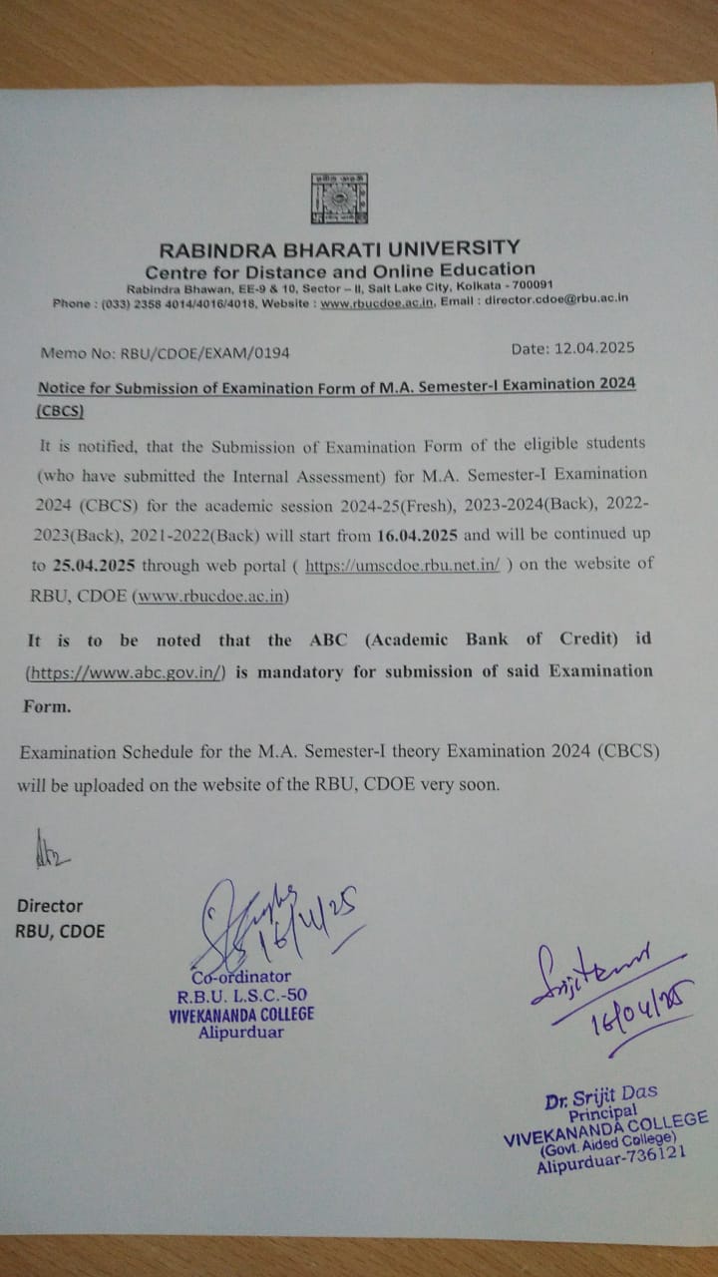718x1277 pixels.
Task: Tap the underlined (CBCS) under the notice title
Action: (60, 410)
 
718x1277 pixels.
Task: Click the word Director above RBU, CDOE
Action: (50, 906)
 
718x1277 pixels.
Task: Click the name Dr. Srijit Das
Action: (600, 1098)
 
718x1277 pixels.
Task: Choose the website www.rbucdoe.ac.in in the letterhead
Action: (377, 301)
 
